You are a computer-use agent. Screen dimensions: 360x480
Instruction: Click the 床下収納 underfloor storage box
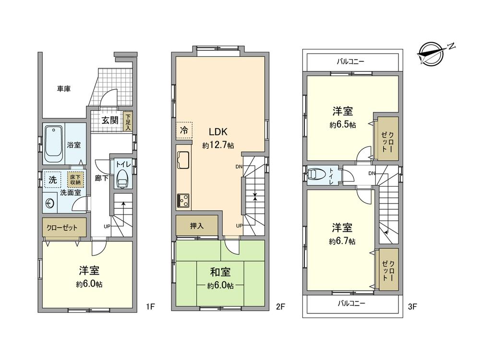coord(76,180)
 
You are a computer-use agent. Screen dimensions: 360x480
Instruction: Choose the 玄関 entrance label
coord(109,120)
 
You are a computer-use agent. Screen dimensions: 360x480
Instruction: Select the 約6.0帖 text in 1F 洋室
coord(89,284)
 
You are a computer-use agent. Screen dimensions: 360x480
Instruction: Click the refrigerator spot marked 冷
coord(184,130)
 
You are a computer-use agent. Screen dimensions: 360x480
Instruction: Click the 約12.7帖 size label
coord(218,145)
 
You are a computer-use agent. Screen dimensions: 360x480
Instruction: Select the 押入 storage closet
coord(196,226)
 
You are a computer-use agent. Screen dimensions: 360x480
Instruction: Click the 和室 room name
coord(220,272)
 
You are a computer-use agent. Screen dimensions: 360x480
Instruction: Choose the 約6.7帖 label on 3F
coord(342,241)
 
